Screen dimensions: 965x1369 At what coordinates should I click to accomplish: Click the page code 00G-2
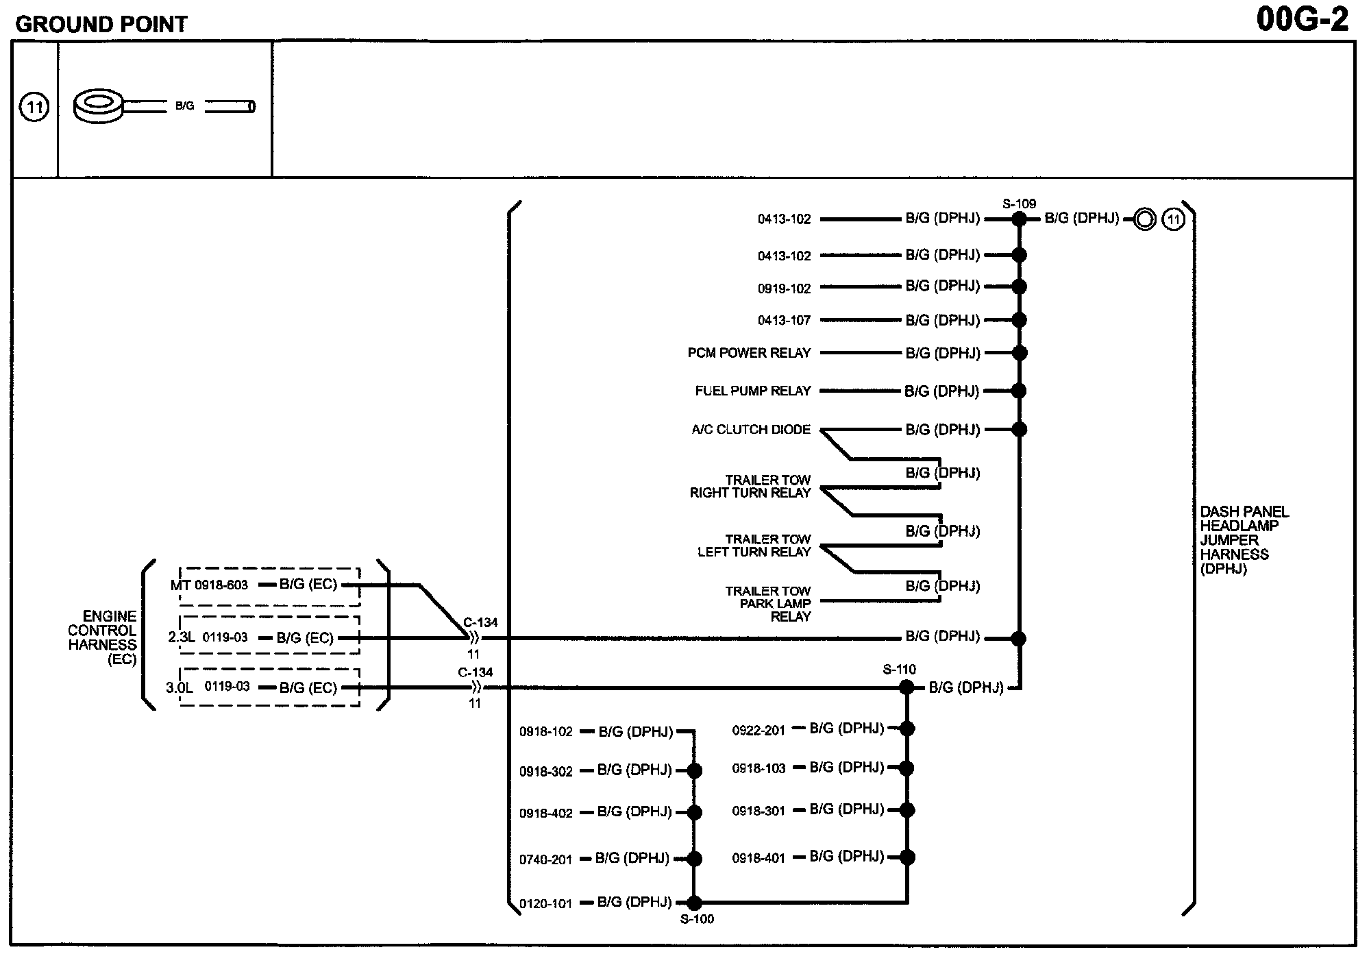click(x=1302, y=20)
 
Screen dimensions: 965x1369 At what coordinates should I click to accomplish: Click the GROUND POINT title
click(x=101, y=25)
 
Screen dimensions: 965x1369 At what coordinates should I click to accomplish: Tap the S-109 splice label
click(x=1019, y=204)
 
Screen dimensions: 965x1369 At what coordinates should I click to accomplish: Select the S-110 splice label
click(x=899, y=670)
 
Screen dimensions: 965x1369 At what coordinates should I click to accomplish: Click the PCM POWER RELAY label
click(x=749, y=353)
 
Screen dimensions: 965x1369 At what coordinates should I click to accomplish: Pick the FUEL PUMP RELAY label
click(x=752, y=391)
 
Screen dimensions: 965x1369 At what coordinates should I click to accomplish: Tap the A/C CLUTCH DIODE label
click(x=750, y=430)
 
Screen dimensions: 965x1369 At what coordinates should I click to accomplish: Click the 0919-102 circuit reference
click(x=784, y=289)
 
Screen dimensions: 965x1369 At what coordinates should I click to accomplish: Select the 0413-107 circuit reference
click(x=784, y=320)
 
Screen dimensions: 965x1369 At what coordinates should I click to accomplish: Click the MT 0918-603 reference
click(x=209, y=585)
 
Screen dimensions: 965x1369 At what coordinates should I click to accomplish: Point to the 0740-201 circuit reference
click(x=545, y=860)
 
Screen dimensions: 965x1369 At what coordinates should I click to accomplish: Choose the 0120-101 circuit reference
click(x=545, y=904)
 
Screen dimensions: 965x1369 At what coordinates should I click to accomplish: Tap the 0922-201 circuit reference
click(x=758, y=731)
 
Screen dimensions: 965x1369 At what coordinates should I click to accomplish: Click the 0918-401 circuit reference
click(x=758, y=858)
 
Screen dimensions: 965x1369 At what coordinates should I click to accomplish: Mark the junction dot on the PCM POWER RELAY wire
click(x=1020, y=353)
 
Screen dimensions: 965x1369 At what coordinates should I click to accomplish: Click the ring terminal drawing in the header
click(x=99, y=106)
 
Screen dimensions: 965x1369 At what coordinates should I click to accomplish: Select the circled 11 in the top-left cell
click(x=34, y=108)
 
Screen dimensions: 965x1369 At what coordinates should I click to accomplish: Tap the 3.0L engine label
click(x=180, y=687)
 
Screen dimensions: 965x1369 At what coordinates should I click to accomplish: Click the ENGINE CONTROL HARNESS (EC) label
click(x=103, y=637)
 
